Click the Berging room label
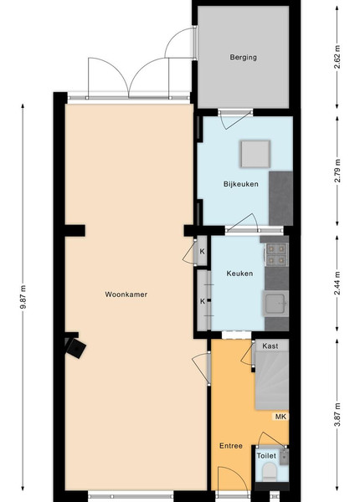point(243,58)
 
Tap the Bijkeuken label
point(241,184)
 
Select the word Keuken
point(239,274)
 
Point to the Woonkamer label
point(126,295)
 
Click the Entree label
point(231,446)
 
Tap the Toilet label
point(266,456)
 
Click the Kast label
point(270,346)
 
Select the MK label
point(280,417)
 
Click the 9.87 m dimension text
point(23,297)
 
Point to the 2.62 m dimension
point(337,58)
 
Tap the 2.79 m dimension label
point(337,171)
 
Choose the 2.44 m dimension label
point(337,284)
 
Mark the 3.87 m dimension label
point(337,415)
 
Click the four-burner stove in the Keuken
point(276,254)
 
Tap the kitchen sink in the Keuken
point(275,303)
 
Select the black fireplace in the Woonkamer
point(75,346)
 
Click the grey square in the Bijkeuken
point(255,154)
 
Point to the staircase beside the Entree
point(271,380)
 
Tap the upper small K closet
point(202,251)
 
